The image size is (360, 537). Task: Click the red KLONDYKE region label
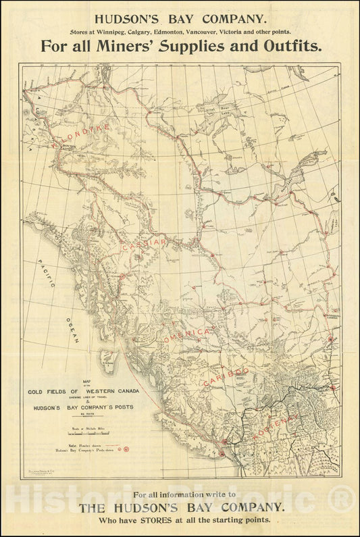click(68, 131)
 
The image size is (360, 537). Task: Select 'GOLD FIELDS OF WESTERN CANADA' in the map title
click(83, 391)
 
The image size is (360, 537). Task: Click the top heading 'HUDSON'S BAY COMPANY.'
click(180, 20)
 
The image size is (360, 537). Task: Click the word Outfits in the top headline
click(290, 47)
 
